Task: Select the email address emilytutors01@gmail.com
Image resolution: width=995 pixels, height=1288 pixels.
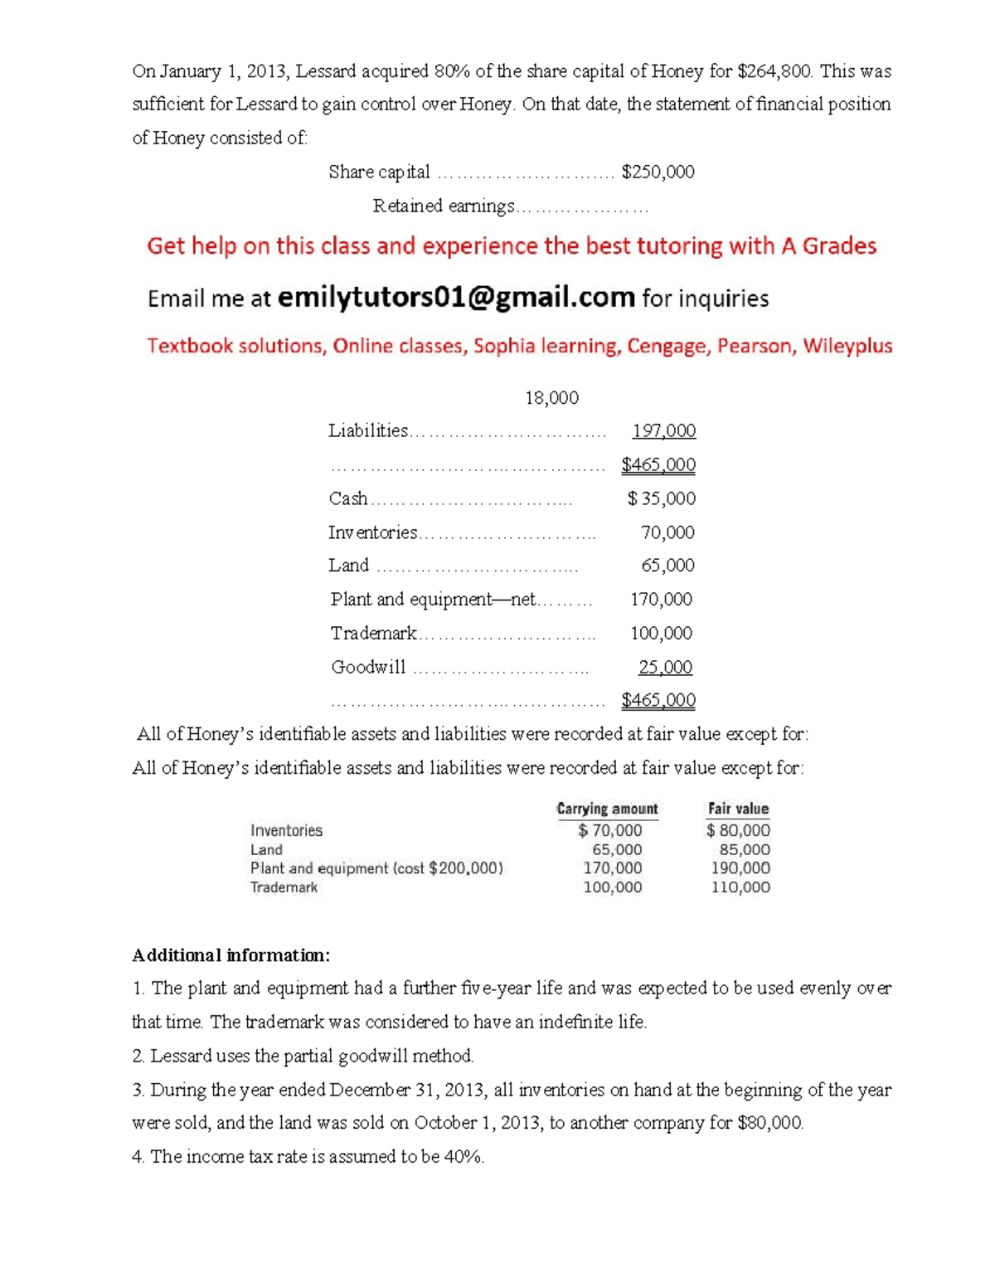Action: [456, 297]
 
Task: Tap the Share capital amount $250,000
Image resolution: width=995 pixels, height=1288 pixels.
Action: [658, 172]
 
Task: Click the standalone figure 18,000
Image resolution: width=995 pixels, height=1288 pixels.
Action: [551, 397]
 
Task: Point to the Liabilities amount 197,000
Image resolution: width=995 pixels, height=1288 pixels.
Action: [663, 430]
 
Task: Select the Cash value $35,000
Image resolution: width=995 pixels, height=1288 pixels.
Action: [661, 498]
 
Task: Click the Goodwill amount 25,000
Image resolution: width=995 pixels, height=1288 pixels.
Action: [665, 667]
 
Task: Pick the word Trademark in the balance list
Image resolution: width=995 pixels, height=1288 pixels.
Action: [373, 634]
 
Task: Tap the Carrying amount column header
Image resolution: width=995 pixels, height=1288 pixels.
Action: [607, 809]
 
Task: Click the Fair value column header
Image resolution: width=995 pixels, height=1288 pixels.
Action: [738, 809]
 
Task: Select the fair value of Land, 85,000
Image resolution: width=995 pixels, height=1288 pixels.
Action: [745, 849]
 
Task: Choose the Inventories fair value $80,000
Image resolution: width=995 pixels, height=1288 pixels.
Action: [738, 830]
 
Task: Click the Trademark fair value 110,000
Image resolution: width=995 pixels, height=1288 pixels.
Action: [740, 887]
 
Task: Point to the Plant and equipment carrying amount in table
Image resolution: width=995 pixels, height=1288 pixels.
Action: [612, 868]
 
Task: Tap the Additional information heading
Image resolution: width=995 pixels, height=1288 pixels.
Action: [231, 955]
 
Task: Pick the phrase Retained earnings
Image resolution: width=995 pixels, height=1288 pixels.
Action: [444, 206]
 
